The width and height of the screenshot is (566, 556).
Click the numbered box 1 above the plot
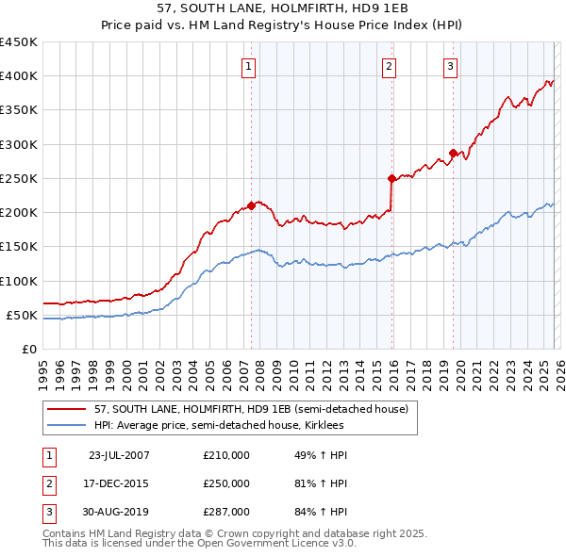247,66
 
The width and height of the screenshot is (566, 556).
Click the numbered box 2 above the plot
389,66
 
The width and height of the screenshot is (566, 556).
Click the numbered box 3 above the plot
450,66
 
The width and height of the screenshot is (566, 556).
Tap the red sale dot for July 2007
251,205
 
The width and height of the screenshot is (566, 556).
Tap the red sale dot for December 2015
391,177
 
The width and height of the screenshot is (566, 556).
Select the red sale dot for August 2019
453,153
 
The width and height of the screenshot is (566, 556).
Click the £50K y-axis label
23,315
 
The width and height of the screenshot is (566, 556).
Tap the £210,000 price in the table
226,455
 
